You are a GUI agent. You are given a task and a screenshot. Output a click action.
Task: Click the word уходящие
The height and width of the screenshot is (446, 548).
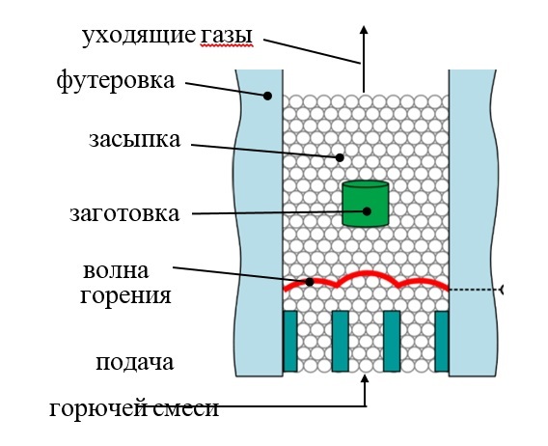tap(139, 36)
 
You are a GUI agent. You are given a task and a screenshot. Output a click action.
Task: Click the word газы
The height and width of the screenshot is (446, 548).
tap(226, 36)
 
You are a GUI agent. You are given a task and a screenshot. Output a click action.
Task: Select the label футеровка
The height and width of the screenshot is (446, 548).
tap(116, 80)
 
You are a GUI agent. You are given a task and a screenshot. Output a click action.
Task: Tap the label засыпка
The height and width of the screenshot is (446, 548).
tap(134, 140)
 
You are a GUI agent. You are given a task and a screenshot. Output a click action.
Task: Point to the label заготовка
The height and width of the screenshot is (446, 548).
tap(124, 213)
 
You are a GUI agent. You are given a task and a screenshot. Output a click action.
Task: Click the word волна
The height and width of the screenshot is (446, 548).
tap(116, 270)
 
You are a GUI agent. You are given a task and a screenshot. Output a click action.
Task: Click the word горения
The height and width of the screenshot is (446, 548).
tap(125, 296)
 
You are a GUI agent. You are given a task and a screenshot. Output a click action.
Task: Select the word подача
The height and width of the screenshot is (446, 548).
tap(134, 362)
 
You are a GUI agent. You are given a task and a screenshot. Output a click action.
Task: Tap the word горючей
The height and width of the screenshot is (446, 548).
tap(96, 408)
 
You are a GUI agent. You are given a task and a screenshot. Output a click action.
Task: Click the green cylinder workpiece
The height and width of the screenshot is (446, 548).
tap(366, 204)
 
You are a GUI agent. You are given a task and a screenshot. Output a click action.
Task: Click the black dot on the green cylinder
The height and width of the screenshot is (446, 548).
tap(367, 211)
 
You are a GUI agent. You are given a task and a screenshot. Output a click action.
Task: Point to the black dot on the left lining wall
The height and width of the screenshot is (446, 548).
tap(267, 96)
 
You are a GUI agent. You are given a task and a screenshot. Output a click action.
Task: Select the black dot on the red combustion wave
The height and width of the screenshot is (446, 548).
tap(310, 282)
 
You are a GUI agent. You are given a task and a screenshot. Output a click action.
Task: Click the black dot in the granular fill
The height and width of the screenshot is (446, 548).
tap(340, 157)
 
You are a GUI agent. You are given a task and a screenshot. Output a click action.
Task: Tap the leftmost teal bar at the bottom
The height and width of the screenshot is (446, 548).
tap(290, 341)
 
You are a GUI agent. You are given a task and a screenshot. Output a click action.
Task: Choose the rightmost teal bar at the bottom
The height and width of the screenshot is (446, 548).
tap(442, 341)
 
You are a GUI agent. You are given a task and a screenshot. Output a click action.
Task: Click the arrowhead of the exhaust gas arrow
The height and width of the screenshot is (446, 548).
tap(364, 30)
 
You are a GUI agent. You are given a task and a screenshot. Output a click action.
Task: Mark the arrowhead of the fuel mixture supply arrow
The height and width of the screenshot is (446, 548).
tap(366, 379)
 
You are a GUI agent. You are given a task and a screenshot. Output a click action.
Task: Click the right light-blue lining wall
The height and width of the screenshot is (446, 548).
tap(472, 223)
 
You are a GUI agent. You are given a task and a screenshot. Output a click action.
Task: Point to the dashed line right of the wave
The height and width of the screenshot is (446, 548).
tap(476, 290)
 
